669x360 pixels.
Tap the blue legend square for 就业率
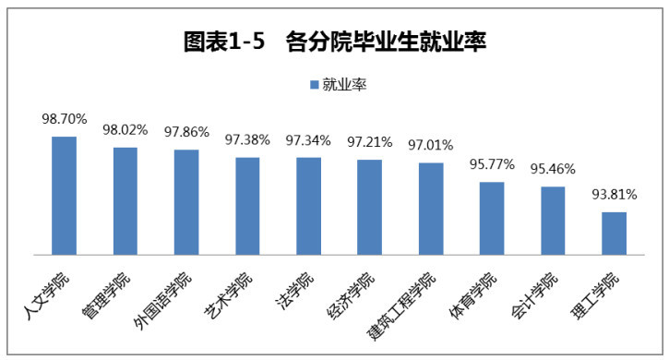pyautogui.click(x=314, y=85)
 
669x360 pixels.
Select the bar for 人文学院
pyautogui.click(x=64, y=196)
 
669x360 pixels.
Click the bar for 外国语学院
pyautogui.click(x=186, y=202)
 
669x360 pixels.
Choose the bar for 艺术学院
pyautogui.click(x=247, y=206)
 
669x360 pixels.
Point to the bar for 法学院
pyautogui.click(x=308, y=206)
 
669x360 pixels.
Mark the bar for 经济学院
pyautogui.click(x=369, y=207)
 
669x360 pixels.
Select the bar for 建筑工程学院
pyautogui.click(x=430, y=209)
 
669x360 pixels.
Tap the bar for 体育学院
pyautogui.click(x=492, y=218)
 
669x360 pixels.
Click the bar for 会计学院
pyautogui.click(x=553, y=221)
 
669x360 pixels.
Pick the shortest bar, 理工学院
pyautogui.click(x=614, y=234)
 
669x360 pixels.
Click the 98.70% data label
pyautogui.click(x=64, y=120)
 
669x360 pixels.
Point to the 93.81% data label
pyautogui.click(x=614, y=195)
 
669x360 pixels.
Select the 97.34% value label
pyautogui.click(x=308, y=140)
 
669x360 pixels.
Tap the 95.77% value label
pyautogui.click(x=492, y=165)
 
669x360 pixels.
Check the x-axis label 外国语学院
pyautogui.click(x=164, y=299)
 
